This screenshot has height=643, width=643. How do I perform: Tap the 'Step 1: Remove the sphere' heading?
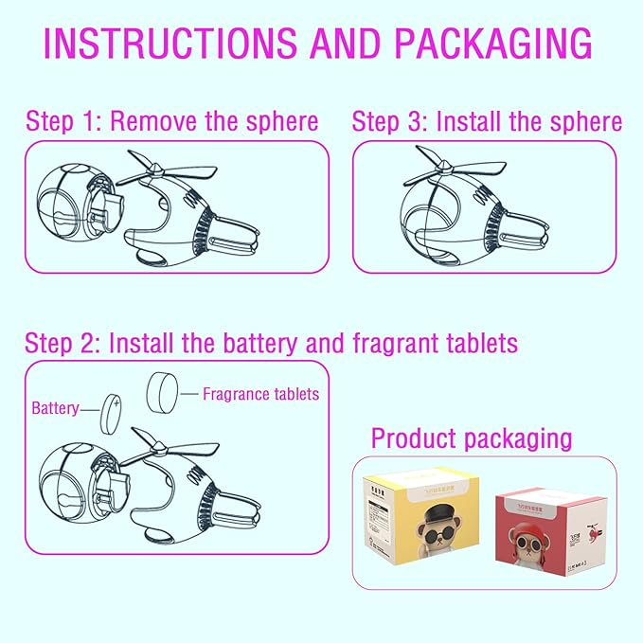[171, 121]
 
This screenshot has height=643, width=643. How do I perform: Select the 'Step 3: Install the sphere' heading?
[487, 121]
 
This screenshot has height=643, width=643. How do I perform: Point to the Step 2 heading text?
[271, 342]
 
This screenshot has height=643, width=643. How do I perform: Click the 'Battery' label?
[55, 409]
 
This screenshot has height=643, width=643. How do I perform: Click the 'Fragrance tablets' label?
[260, 393]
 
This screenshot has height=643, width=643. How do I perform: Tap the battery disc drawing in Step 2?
[114, 410]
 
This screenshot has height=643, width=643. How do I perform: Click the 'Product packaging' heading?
[472, 438]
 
